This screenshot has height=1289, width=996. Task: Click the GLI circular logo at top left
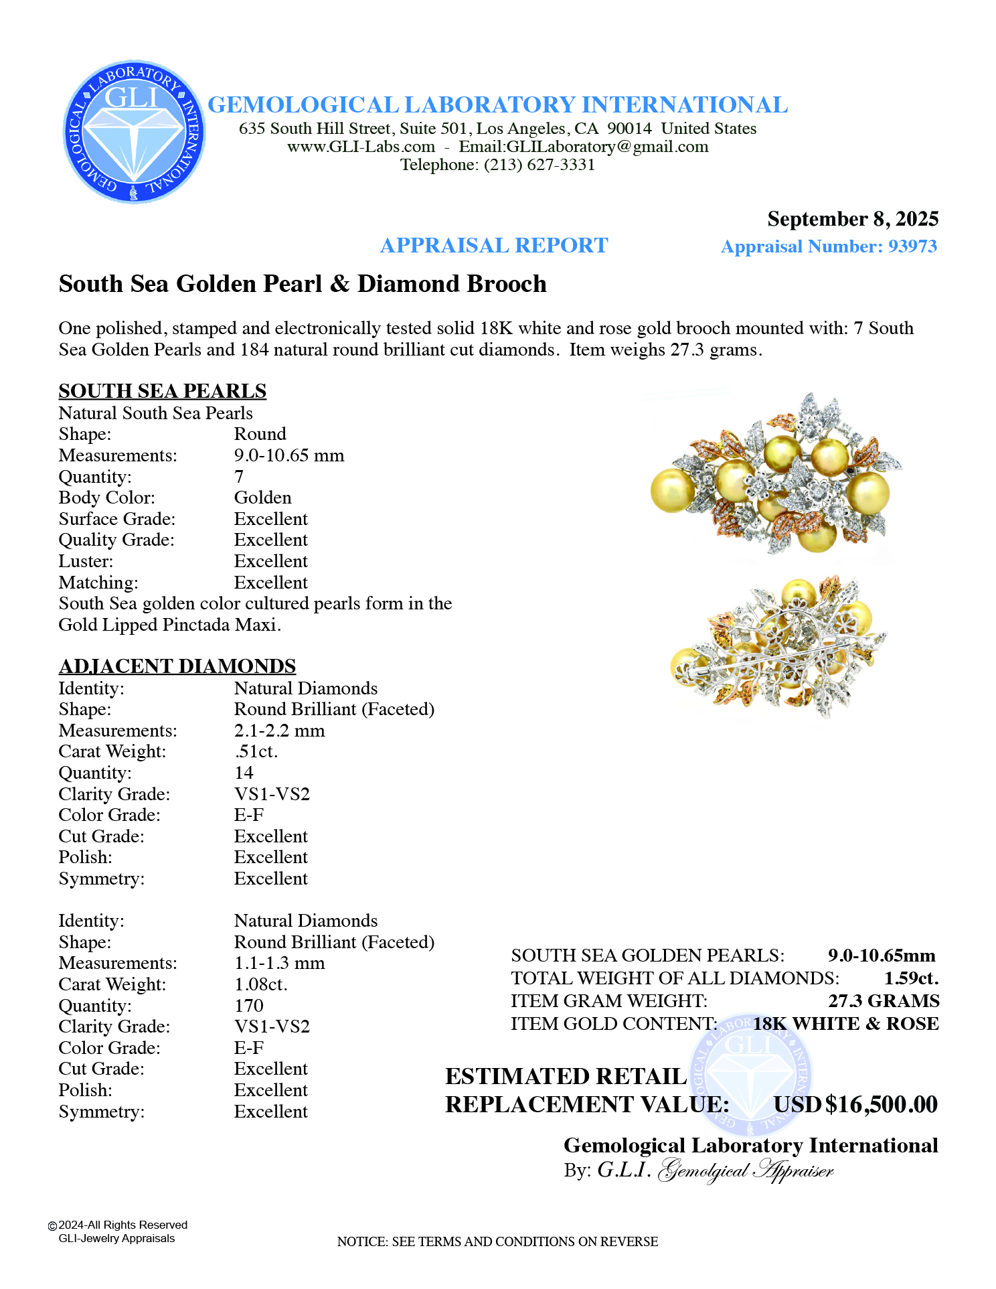[135, 132]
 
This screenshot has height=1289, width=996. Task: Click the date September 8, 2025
[852, 219]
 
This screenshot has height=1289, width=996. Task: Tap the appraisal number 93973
[912, 246]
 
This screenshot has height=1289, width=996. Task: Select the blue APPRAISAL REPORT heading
[494, 246]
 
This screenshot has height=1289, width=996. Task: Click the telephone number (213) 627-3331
[539, 165]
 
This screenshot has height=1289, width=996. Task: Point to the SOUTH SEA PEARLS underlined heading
[163, 391]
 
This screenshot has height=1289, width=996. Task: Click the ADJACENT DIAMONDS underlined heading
[177, 666]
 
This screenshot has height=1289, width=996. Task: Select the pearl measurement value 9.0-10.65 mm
[289, 455]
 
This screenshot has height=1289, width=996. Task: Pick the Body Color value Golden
[263, 498]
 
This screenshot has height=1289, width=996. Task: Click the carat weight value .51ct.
[256, 751]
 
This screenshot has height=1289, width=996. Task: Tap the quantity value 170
[249, 1006]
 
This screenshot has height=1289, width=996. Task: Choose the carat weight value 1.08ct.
[261, 984]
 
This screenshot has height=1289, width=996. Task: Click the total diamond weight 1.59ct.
[911, 978]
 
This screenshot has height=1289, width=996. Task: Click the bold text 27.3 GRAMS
[884, 1001]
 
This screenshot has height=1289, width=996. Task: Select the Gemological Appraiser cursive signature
[746, 1170]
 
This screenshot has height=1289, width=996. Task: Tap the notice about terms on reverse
[497, 1241]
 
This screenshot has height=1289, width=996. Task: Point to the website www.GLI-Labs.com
[361, 147]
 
